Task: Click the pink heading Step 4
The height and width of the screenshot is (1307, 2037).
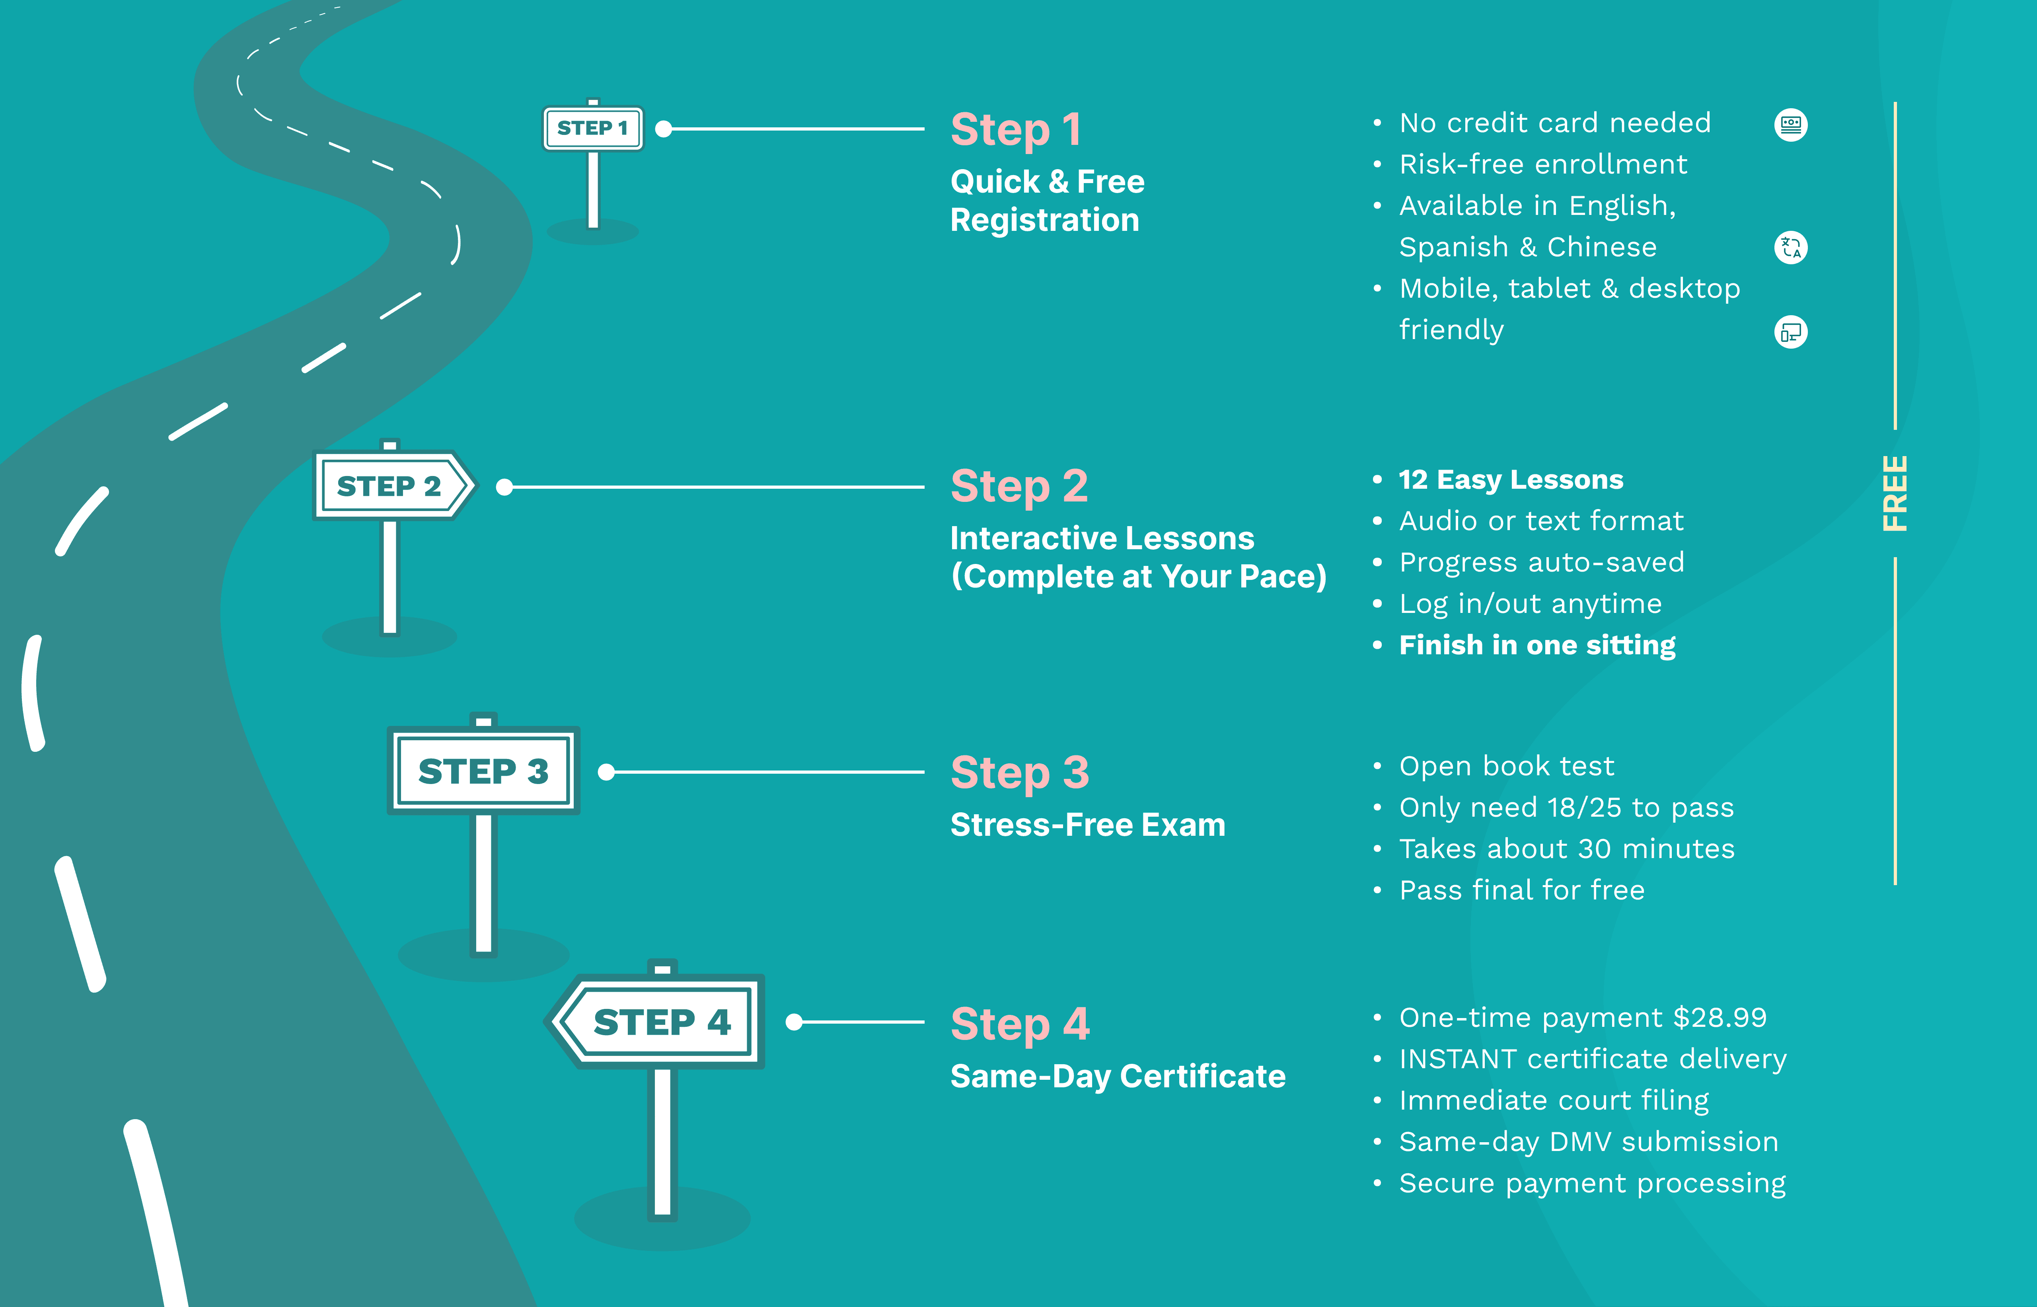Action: click(1020, 1024)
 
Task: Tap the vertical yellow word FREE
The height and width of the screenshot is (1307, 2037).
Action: click(1895, 494)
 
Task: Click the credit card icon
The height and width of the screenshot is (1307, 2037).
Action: click(1790, 125)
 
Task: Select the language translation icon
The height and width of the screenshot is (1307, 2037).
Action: click(1790, 248)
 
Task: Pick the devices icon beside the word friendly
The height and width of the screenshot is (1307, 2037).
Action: click(1790, 332)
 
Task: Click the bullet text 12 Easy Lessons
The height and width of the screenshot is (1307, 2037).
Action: click(1510, 480)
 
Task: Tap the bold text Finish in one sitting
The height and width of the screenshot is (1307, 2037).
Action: click(1537, 645)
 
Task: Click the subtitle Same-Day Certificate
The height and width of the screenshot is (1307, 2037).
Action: click(1117, 1076)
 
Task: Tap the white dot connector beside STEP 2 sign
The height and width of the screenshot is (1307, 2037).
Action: click(505, 487)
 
